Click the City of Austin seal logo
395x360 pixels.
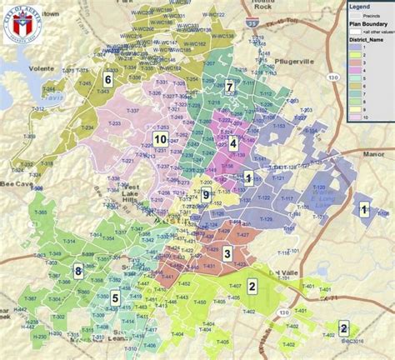coord(21,24)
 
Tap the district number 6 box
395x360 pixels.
coord(107,78)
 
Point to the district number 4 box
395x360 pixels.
coord(234,143)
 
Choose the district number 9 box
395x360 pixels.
coord(205,194)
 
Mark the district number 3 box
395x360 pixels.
coord(227,253)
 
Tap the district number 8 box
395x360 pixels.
coord(77,271)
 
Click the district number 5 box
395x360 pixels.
coord(116,297)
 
